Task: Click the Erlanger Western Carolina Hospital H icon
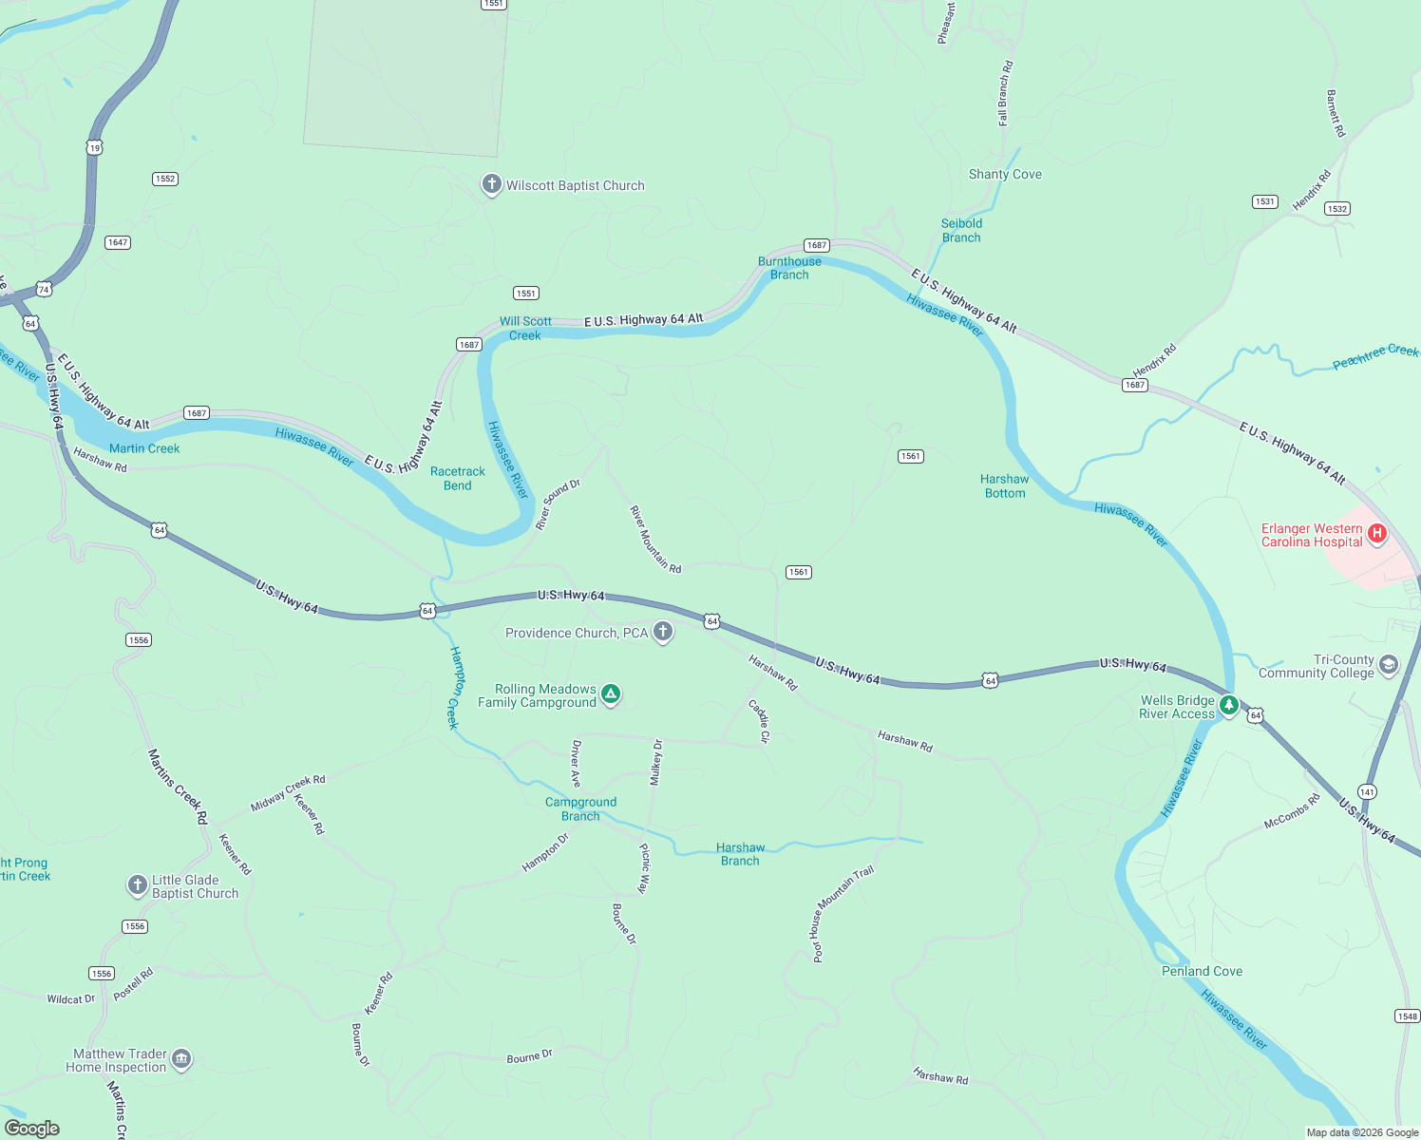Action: tap(1376, 534)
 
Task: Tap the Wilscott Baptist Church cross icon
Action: tap(491, 184)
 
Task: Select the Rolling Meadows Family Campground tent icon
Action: tap(611, 694)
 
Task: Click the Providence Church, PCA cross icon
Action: tap(663, 632)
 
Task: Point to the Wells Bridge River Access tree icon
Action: tap(1229, 705)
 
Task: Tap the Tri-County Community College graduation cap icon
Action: tap(1389, 664)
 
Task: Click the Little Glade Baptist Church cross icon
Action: tap(137, 885)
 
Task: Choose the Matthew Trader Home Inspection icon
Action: tap(181, 1059)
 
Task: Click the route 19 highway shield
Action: tap(93, 147)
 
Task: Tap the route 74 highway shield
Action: tap(44, 289)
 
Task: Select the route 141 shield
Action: tap(1367, 791)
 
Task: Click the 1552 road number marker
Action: tap(165, 179)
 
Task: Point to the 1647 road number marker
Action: tap(118, 242)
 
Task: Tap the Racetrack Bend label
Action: tap(457, 478)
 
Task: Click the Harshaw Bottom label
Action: tap(1004, 485)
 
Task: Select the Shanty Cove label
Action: tap(1005, 174)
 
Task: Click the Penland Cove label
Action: tap(1202, 971)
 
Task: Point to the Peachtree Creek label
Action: tap(1374, 357)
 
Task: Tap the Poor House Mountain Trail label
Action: tap(842, 913)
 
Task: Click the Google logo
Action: tap(32, 1128)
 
